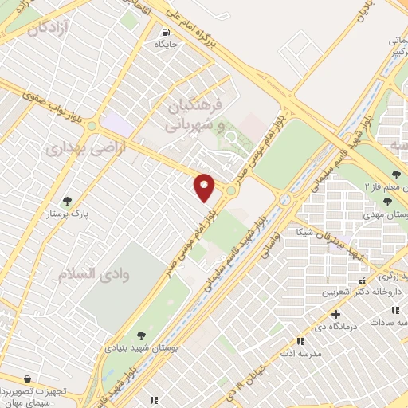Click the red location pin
tap(205, 186)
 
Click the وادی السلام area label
tap(88, 273)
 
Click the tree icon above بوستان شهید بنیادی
tap(142, 335)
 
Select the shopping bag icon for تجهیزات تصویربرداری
tap(29, 379)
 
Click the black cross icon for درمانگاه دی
tap(335, 315)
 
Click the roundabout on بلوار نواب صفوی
tap(92, 125)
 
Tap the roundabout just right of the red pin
tap(231, 190)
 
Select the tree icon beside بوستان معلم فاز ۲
tap(396, 175)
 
